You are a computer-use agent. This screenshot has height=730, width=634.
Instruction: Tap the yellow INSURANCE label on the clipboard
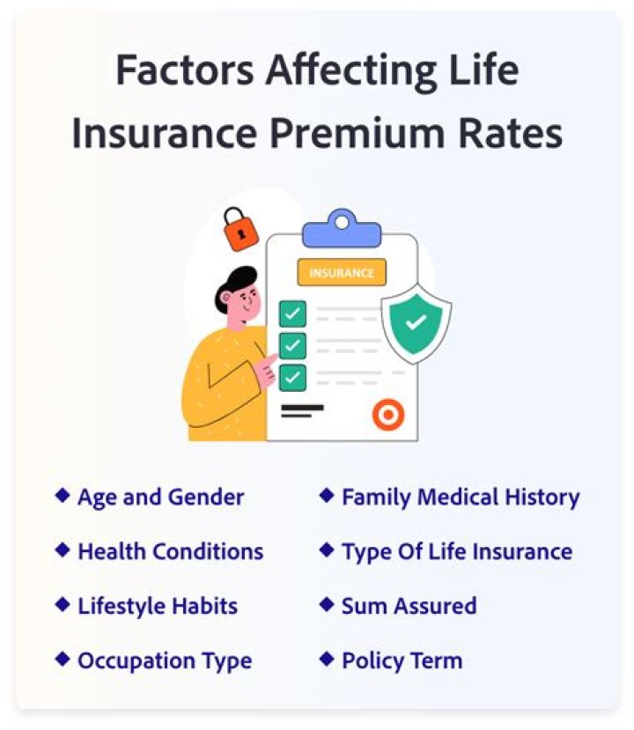click(342, 272)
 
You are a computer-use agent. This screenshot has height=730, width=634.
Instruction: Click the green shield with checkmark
click(417, 323)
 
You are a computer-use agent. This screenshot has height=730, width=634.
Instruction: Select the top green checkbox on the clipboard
click(293, 313)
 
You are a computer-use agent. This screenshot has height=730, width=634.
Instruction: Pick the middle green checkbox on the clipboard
click(293, 345)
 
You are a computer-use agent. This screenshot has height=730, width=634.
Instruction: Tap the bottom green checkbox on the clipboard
click(293, 377)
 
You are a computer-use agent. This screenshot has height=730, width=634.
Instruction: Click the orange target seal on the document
click(388, 414)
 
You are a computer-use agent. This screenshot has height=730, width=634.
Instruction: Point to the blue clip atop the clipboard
click(343, 229)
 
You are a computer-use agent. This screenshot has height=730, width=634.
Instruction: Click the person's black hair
click(235, 285)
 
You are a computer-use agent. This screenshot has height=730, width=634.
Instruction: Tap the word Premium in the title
click(358, 134)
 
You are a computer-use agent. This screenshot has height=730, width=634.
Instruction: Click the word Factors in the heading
click(185, 70)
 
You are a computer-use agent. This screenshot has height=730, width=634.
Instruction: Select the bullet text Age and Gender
click(160, 498)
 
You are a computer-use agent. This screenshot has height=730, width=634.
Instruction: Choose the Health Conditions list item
click(171, 551)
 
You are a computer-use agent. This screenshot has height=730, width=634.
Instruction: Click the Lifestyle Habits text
click(158, 606)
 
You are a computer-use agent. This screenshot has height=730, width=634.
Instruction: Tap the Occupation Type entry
click(165, 661)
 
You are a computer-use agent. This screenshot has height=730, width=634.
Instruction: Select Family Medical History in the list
click(461, 498)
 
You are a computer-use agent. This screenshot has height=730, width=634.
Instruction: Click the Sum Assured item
click(409, 606)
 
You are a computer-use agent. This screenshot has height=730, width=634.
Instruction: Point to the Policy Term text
click(402, 660)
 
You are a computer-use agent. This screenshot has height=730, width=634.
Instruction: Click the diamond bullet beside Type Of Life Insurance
click(327, 549)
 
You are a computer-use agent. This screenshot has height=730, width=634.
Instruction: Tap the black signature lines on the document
click(303, 410)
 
